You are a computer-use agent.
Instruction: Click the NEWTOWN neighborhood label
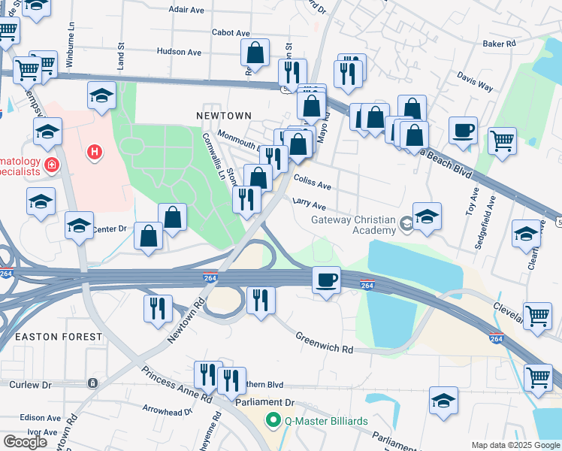[223, 116]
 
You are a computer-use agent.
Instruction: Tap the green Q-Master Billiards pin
[276, 421]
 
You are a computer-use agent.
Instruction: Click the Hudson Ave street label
[179, 52]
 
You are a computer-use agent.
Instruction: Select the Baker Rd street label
[499, 44]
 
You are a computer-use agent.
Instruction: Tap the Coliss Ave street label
[313, 184]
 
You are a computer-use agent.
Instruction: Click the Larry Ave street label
[309, 204]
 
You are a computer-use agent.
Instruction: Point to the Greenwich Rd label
[324, 344]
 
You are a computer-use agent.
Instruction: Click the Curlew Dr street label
[30, 384]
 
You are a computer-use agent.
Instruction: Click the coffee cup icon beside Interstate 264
[325, 280]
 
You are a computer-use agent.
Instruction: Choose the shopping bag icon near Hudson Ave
[255, 53]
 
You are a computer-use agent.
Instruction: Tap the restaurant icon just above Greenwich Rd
[260, 299]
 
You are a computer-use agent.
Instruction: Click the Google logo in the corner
[25, 442]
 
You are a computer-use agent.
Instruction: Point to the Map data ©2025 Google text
[515, 445]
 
